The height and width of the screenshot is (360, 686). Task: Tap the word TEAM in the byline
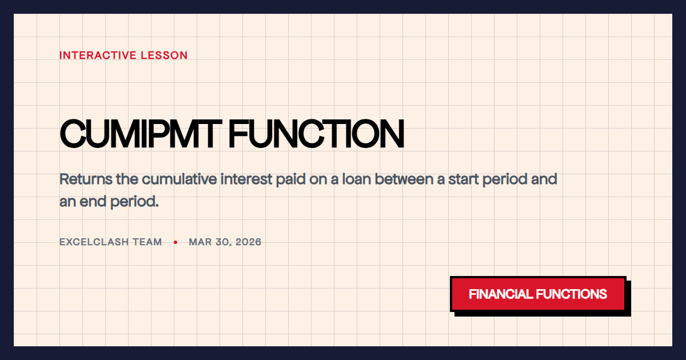(147, 242)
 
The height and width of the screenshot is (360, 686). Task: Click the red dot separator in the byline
(176, 242)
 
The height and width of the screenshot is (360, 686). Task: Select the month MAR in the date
(200, 242)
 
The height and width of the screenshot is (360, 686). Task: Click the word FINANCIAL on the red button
(500, 294)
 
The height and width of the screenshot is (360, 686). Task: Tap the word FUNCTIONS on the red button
(571, 294)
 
